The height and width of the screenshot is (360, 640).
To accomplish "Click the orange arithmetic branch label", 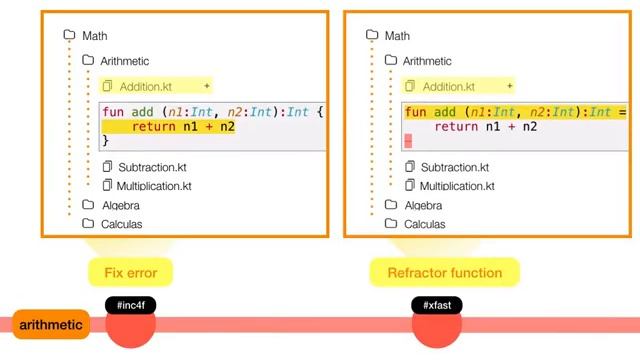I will click(50, 325).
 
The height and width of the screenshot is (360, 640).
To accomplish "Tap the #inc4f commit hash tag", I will click(131, 305).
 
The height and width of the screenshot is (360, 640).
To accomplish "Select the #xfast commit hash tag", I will click(437, 305).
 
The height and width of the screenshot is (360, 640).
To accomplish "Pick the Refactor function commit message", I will click(444, 271).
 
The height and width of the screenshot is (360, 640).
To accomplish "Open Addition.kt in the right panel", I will click(449, 86).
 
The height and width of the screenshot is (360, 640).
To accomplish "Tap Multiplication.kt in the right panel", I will click(458, 186).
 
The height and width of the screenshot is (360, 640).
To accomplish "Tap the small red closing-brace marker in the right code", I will click(408, 142).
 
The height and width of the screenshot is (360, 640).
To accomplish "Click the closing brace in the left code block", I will click(106, 142).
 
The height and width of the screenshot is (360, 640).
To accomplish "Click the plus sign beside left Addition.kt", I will click(207, 86).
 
